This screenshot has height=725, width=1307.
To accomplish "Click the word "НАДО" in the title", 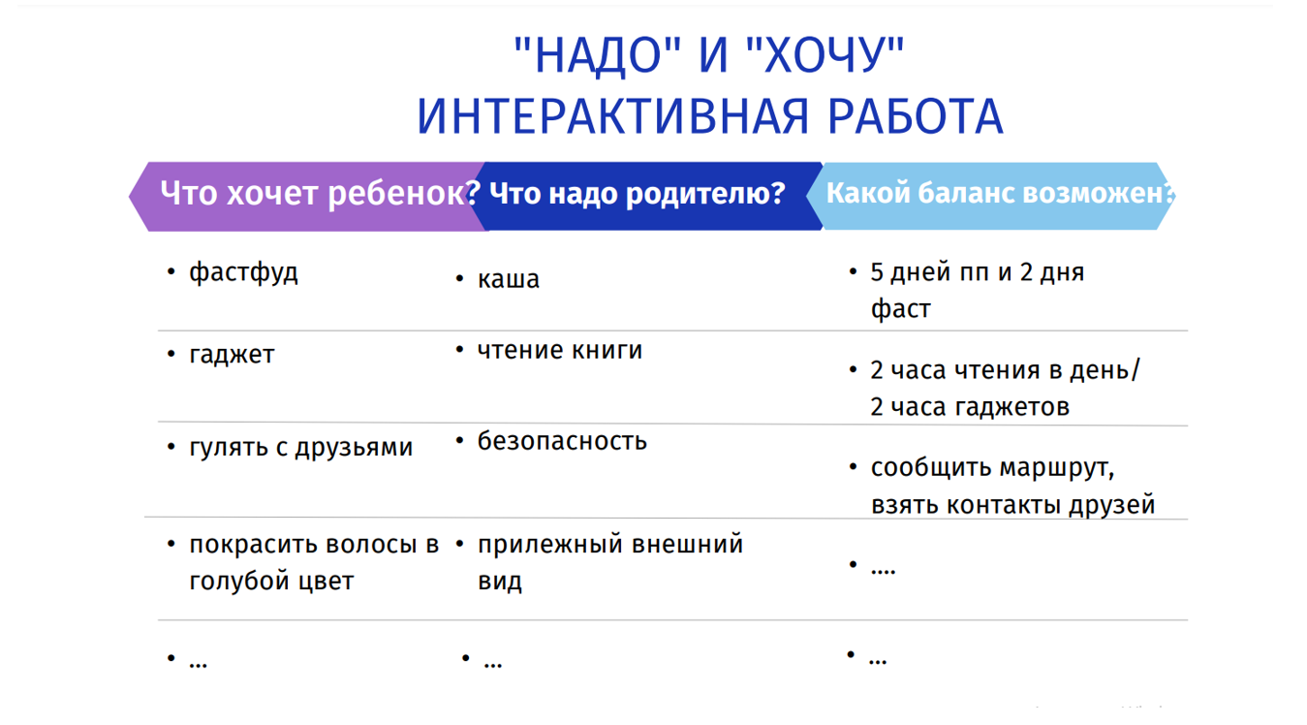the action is click(598, 55).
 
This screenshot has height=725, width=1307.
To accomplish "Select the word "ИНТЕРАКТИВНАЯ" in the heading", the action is click(612, 116).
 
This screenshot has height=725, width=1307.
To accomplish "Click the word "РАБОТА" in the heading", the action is click(916, 116).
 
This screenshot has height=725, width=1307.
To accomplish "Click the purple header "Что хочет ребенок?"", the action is click(320, 193).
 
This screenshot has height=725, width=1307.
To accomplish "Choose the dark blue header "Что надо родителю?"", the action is click(638, 193).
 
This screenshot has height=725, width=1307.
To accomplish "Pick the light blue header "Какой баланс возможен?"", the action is click(1000, 193).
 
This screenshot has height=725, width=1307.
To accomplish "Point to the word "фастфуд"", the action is click(243, 272).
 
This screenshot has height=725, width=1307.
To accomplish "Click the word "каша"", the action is click(509, 279).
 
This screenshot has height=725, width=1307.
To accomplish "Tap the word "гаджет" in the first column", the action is click(232, 355).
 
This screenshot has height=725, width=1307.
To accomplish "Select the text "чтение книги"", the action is click(560, 350).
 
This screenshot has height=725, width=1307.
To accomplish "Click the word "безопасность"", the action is click(562, 441).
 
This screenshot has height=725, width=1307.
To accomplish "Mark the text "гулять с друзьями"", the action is click(300, 447).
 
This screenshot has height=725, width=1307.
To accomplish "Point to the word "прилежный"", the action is click(550, 545).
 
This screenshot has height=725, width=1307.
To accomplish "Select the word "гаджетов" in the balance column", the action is click(1011, 407).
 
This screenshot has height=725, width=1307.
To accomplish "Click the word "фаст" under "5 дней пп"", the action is click(900, 309).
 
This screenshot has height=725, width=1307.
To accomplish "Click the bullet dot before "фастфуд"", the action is click(171, 271).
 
